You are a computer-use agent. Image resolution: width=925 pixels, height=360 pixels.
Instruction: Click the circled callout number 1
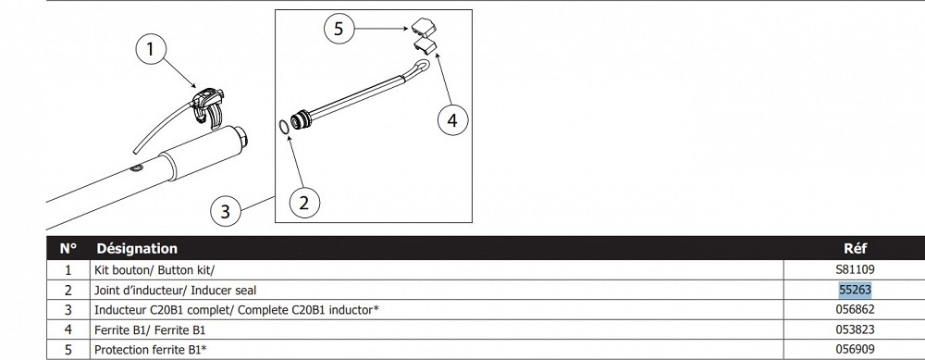(x=151, y=50)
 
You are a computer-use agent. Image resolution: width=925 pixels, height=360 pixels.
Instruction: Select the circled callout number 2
(x=304, y=203)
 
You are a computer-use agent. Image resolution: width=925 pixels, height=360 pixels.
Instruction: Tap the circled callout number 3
(x=226, y=211)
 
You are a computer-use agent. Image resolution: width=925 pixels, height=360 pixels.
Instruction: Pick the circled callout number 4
(x=452, y=120)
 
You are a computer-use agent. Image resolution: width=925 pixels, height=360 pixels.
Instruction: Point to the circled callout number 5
(x=339, y=29)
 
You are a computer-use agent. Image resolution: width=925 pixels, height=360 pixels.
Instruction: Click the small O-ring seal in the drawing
(x=283, y=127)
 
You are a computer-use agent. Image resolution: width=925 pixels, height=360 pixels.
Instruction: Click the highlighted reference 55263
(x=855, y=290)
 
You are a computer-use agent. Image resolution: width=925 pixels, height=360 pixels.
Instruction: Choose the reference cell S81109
(x=855, y=269)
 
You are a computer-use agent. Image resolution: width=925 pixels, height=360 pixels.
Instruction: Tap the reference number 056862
(x=855, y=309)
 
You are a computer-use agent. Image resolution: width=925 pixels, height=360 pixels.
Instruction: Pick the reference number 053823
(x=855, y=329)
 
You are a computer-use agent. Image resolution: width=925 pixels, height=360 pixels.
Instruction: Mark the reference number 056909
(x=855, y=350)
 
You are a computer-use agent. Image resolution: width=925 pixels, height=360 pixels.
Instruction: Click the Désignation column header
(x=137, y=248)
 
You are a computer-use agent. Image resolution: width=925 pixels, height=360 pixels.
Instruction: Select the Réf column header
(x=856, y=248)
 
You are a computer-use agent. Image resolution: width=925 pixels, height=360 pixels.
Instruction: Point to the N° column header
(x=68, y=248)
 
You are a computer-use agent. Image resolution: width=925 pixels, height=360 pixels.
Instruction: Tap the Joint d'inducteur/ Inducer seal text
(x=175, y=291)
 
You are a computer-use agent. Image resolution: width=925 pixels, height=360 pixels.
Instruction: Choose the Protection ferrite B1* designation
(x=151, y=350)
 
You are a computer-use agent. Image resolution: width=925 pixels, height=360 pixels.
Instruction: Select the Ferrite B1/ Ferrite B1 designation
(x=150, y=329)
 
